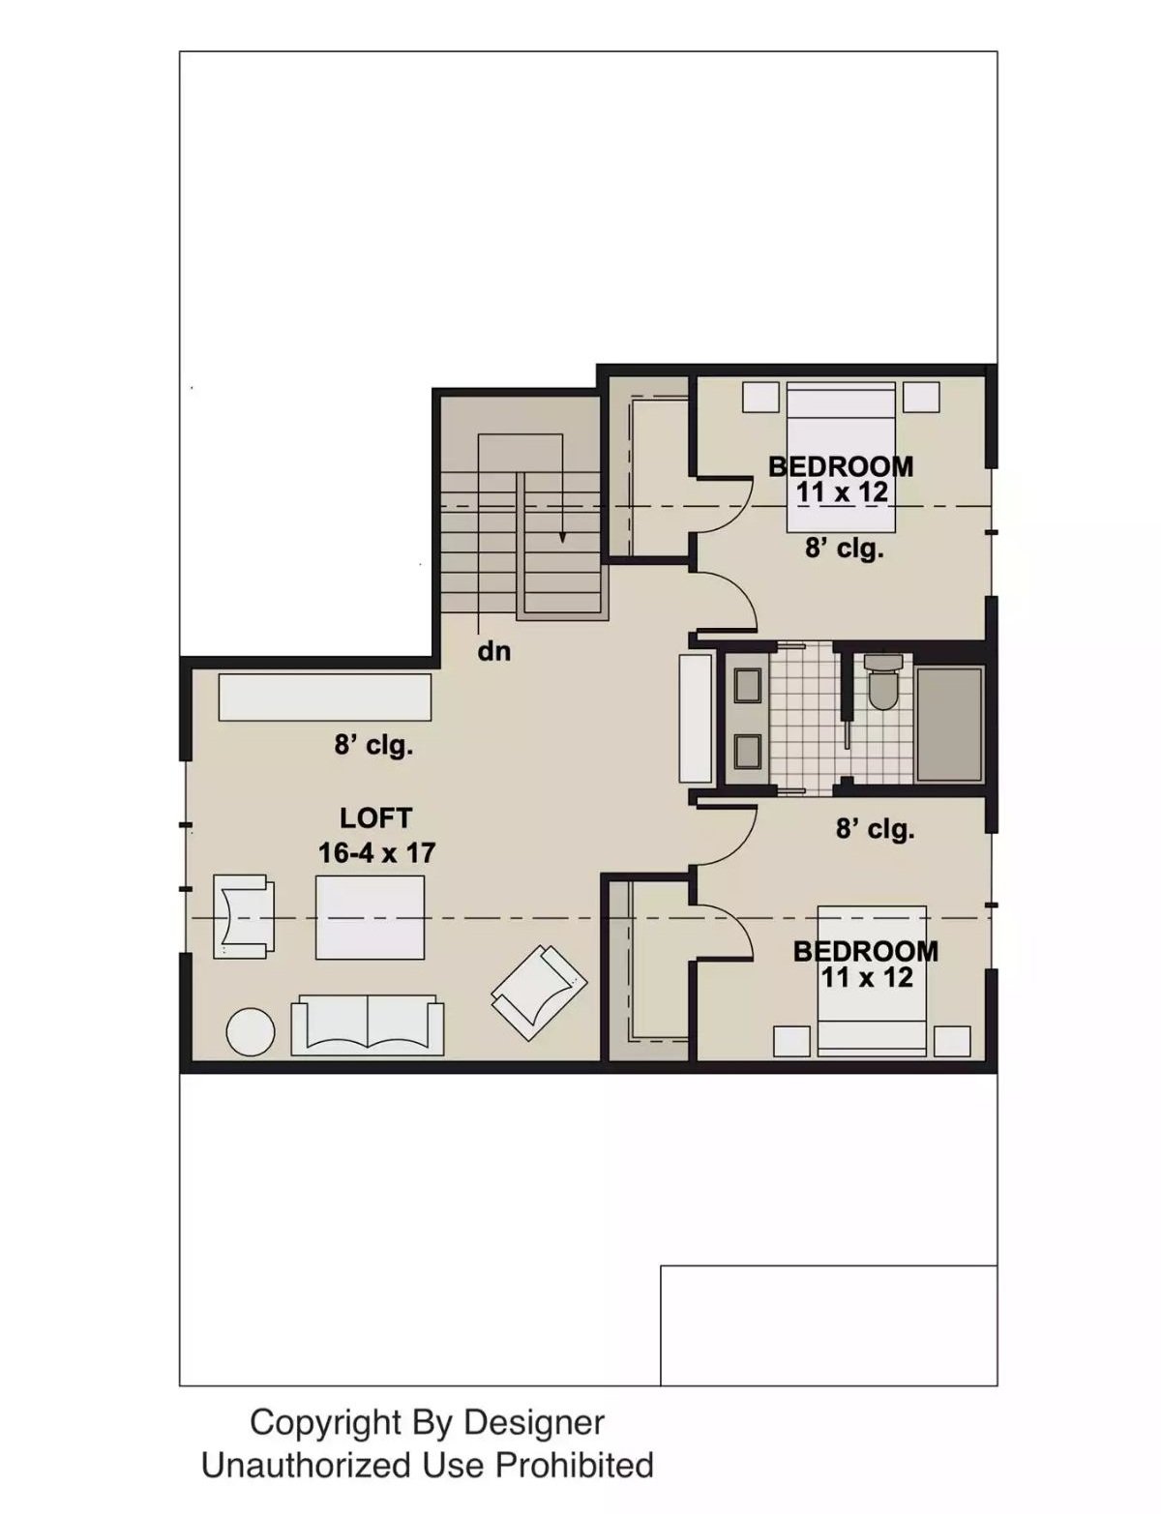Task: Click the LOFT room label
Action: (375, 818)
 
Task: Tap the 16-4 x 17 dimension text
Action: (376, 853)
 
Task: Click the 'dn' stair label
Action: (494, 651)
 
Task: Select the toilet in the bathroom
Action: (882, 683)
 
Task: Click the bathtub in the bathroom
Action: (949, 724)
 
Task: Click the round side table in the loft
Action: (251, 1032)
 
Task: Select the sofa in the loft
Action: (368, 1024)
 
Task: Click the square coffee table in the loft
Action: (371, 917)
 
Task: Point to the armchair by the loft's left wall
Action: (242, 916)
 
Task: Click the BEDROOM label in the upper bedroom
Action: (841, 466)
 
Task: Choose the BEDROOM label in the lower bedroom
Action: (866, 951)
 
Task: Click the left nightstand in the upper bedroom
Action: (760, 397)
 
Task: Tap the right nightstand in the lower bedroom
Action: (952, 1041)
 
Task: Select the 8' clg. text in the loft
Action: (373, 746)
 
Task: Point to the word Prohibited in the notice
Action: (574, 1466)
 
